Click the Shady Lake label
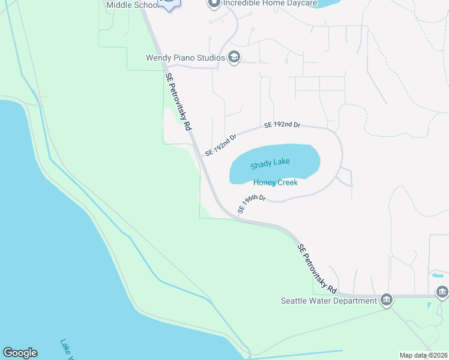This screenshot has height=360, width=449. tap(270, 163)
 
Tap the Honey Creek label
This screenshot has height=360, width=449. tap(276, 182)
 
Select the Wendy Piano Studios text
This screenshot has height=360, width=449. tap(185, 58)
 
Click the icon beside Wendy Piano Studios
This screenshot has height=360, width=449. tap(234, 58)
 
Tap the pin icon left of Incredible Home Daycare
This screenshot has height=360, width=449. tap(213, 4)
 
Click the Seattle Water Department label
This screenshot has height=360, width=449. tap(329, 300)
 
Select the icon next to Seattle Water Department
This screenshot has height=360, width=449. tap(386, 299)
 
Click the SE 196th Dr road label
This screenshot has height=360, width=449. tap(251, 203)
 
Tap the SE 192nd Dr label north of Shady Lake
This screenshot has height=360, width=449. tap(282, 125)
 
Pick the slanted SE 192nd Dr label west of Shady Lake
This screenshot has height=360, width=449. tap(220, 145)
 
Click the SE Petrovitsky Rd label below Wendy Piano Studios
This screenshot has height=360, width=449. tap(178, 102)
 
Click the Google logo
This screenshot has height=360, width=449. tap(20, 353)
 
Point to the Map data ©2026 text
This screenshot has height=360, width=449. tap(423, 355)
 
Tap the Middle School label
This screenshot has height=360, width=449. tap(132, 5)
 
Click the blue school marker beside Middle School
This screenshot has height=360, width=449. tap(170, 4)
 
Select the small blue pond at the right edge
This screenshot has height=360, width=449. tap(437, 275)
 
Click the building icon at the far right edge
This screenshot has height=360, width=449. tap(442, 292)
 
